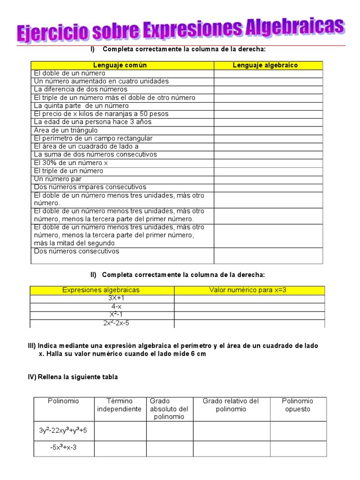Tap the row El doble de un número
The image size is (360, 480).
[x=70, y=73]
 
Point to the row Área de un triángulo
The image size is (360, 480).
[x=66, y=130]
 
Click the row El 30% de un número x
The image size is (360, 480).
[x=71, y=163]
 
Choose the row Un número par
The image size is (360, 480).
[x=58, y=179]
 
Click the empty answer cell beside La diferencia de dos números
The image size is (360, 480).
[x=268, y=90]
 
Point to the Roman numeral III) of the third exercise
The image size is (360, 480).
[x=32, y=345]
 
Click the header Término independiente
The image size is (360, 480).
[x=119, y=405]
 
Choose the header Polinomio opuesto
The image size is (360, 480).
[x=297, y=405]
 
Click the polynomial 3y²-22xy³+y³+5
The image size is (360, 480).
[x=63, y=431]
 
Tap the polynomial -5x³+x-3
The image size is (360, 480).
[x=63, y=447]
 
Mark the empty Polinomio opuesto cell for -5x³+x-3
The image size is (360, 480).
[x=298, y=448]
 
